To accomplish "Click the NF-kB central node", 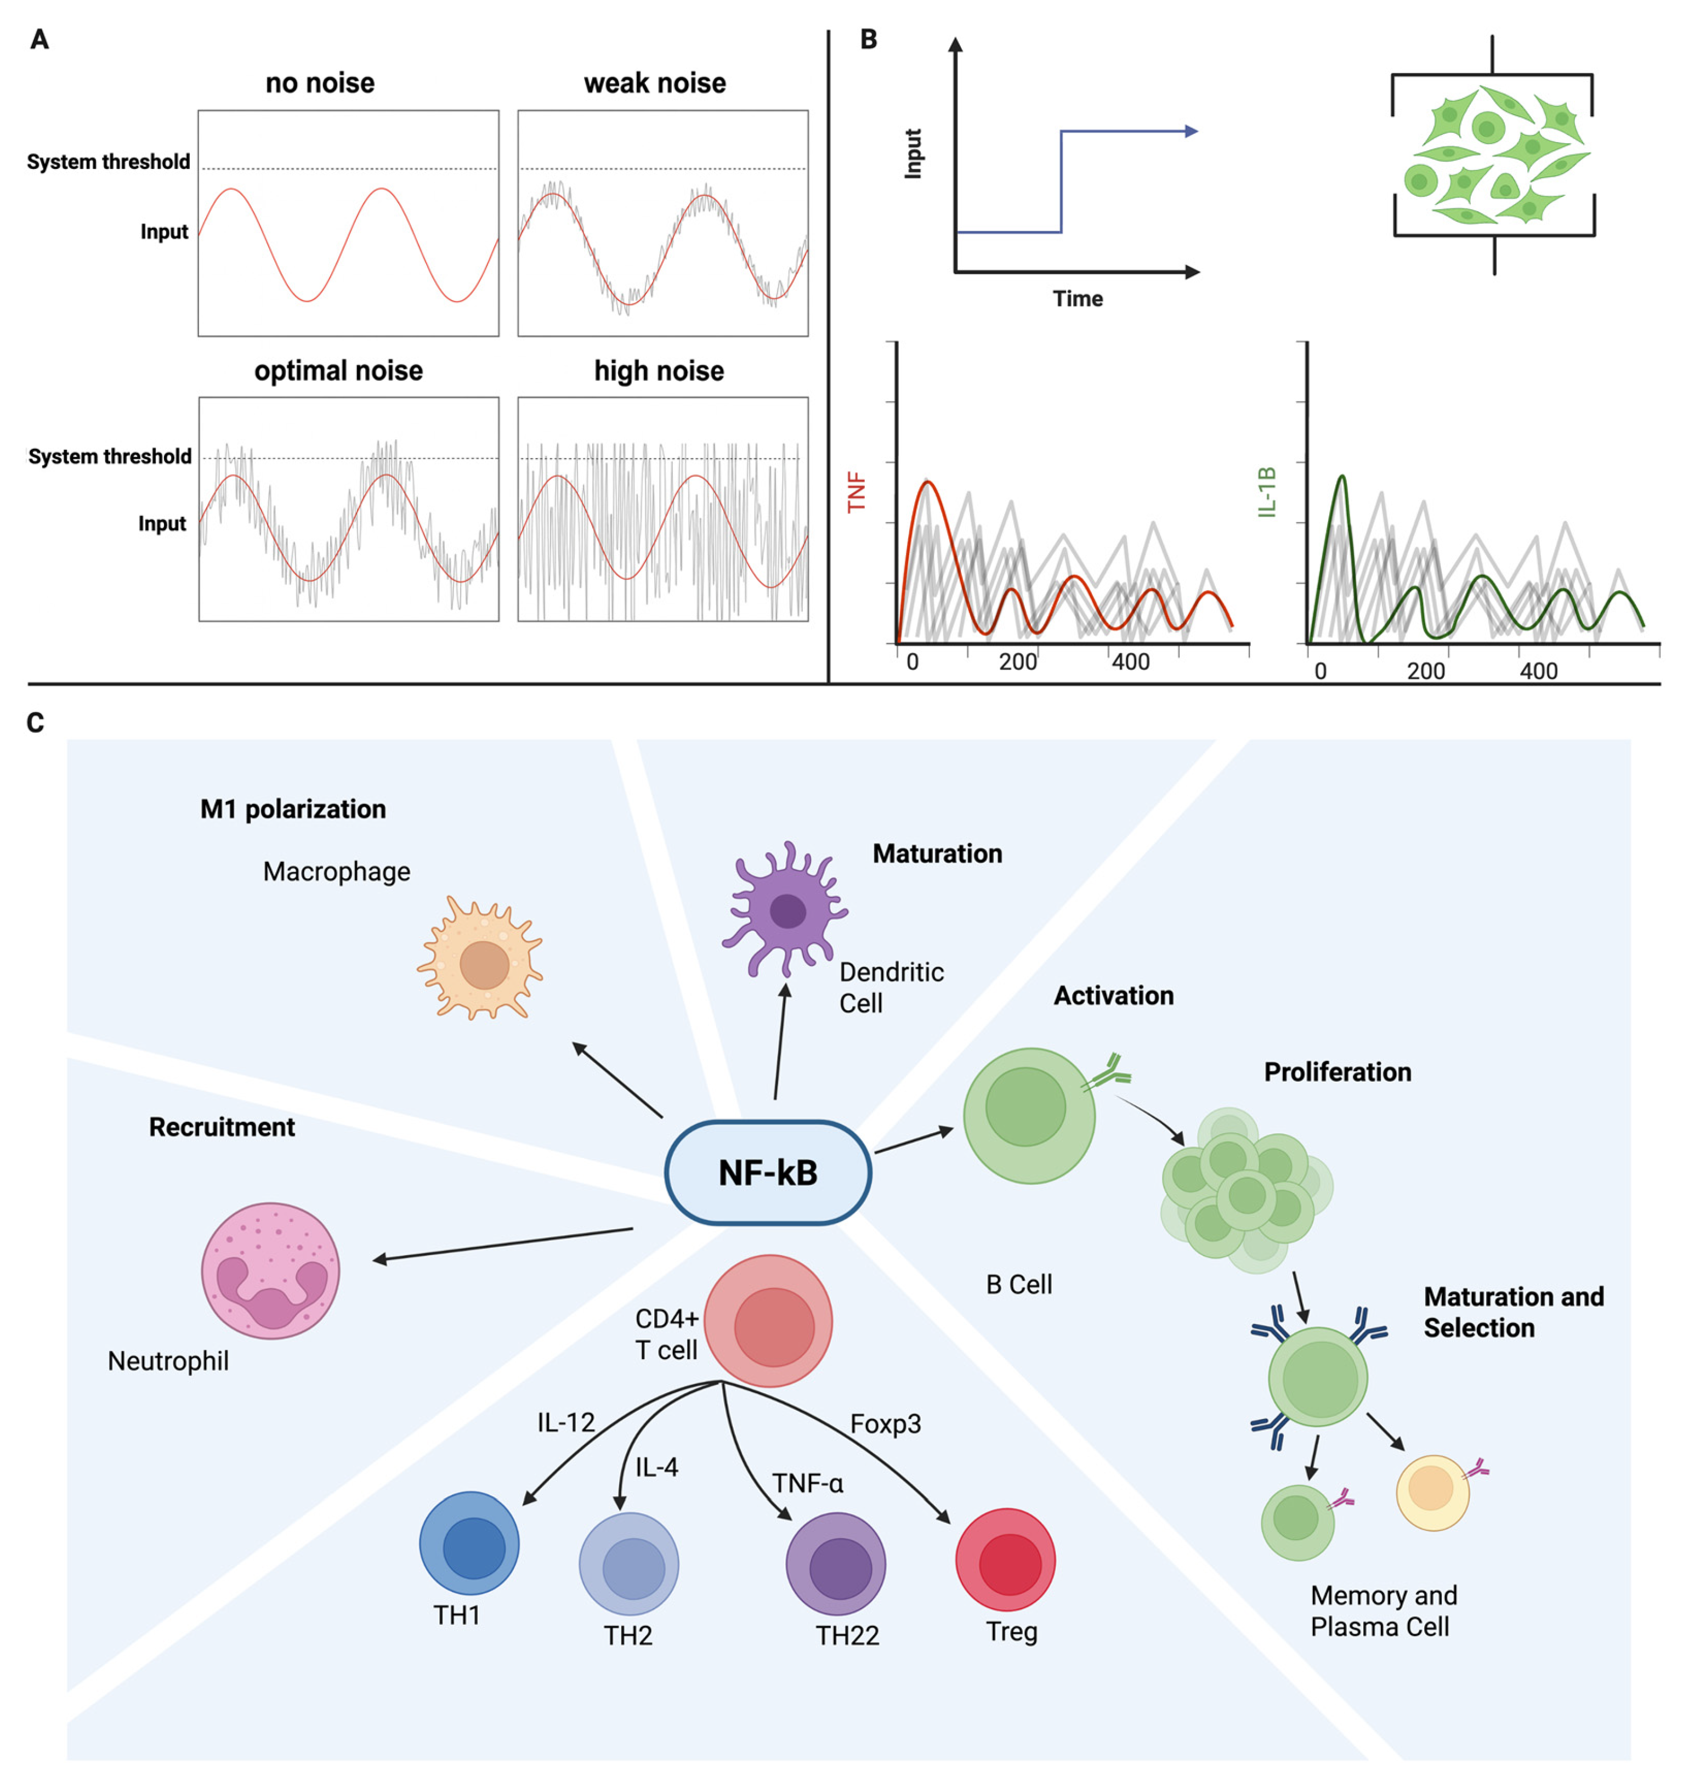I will point(767,1173).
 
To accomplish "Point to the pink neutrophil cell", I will point(270,1270).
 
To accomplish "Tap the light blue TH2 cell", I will point(629,1563).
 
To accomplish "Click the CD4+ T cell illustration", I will point(769,1321).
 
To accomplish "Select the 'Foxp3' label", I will point(886,1424).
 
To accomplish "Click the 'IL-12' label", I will point(565,1422).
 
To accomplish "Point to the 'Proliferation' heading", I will point(1337,1072).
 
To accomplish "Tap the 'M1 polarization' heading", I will point(292,809).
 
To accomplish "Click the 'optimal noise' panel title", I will point(338,371).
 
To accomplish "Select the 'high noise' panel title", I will point(659,371).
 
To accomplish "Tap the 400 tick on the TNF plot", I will point(1130,662).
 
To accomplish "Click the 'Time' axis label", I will point(1078,299).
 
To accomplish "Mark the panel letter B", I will point(869,39).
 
